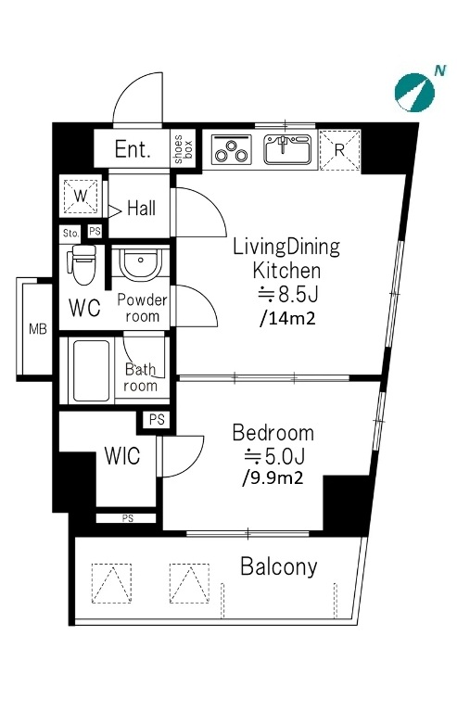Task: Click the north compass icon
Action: click(x=414, y=92)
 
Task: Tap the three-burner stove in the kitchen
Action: click(x=232, y=149)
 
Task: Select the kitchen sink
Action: click(x=287, y=149)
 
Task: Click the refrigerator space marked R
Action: click(x=340, y=150)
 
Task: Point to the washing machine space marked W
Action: click(x=81, y=197)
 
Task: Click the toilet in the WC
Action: click(x=83, y=264)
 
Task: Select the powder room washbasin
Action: click(x=141, y=262)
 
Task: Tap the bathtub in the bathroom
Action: click(x=91, y=371)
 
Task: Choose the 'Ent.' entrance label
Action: click(x=133, y=149)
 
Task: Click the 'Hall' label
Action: click(x=141, y=209)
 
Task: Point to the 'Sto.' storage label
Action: click(x=70, y=234)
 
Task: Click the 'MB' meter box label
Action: click(x=38, y=329)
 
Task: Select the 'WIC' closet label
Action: click(x=122, y=456)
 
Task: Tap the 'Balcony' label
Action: click(x=279, y=566)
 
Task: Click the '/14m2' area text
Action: click(x=286, y=318)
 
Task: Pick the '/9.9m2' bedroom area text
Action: click(x=273, y=477)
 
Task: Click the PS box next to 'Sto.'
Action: click(x=95, y=231)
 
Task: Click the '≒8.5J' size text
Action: click(x=287, y=295)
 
